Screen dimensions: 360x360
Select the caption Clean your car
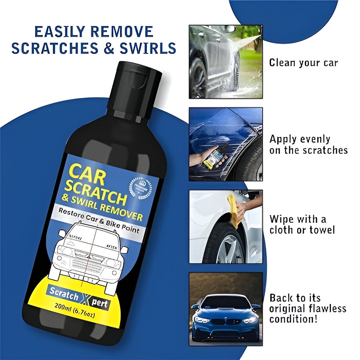tap(303, 63)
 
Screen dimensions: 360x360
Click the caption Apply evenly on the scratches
tap(308, 144)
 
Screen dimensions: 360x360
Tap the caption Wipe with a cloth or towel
tap(302, 224)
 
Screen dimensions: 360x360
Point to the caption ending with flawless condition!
tap(308, 308)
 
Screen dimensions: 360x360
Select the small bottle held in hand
tap(214, 159)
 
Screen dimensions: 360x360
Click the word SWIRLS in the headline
tap(148, 49)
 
